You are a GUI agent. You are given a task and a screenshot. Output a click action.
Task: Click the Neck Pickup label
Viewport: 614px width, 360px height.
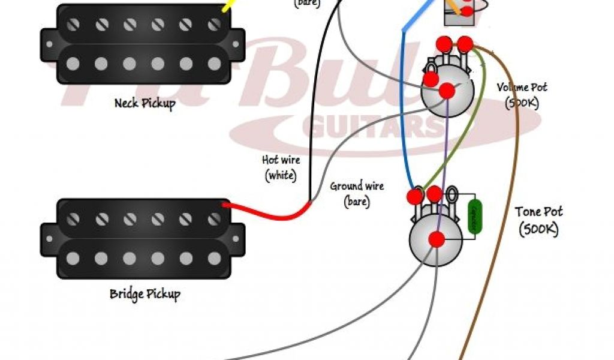(145, 103)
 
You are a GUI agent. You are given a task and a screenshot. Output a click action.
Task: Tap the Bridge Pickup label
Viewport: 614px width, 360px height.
(145, 294)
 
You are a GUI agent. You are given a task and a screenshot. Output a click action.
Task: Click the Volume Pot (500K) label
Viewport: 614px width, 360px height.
(522, 95)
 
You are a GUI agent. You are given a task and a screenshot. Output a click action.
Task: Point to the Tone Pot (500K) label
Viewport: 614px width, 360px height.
(538, 220)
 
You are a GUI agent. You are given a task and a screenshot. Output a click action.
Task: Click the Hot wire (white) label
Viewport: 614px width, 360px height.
(281, 167)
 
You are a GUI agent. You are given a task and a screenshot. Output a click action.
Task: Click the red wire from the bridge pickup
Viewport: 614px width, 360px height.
(270, 213)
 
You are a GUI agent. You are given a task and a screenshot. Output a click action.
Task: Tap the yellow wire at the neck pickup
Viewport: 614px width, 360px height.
(227, 5)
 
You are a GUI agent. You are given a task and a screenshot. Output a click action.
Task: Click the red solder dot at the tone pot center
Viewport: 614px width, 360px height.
(437, 239)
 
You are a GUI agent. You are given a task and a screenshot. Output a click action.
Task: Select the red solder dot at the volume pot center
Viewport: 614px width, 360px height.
(447, 91)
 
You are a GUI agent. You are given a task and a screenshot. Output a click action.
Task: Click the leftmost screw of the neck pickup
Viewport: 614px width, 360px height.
(73, 25)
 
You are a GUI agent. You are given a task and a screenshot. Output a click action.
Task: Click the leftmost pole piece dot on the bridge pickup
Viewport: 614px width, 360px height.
(73, 258)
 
